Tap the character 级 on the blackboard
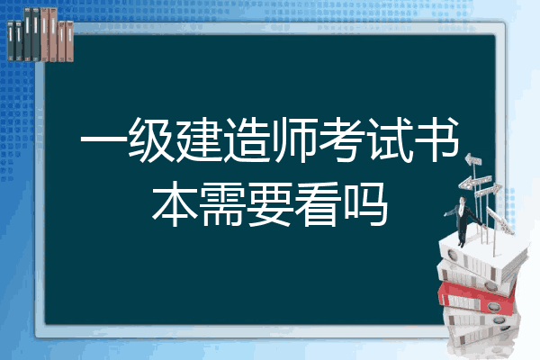[151, 140]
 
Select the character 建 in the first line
[200, 140]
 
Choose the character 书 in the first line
[437, 140]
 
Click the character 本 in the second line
[175, 204]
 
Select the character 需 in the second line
[223, 204]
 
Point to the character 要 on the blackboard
[270, 204]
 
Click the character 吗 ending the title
[366, 204]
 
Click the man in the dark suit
[463, 220]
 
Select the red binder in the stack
[477, 298]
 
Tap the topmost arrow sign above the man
[473, 160]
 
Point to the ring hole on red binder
[493, 306]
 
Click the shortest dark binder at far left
[11, 40]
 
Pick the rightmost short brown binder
[69, 41]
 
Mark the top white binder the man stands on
[482, 254]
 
